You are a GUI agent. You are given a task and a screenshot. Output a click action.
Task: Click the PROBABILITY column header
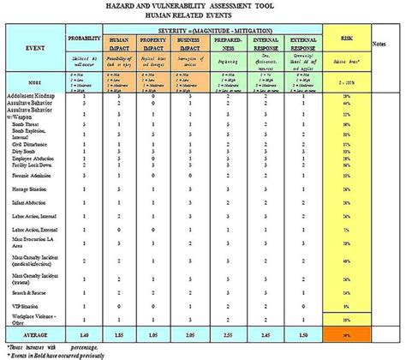point(86,40)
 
